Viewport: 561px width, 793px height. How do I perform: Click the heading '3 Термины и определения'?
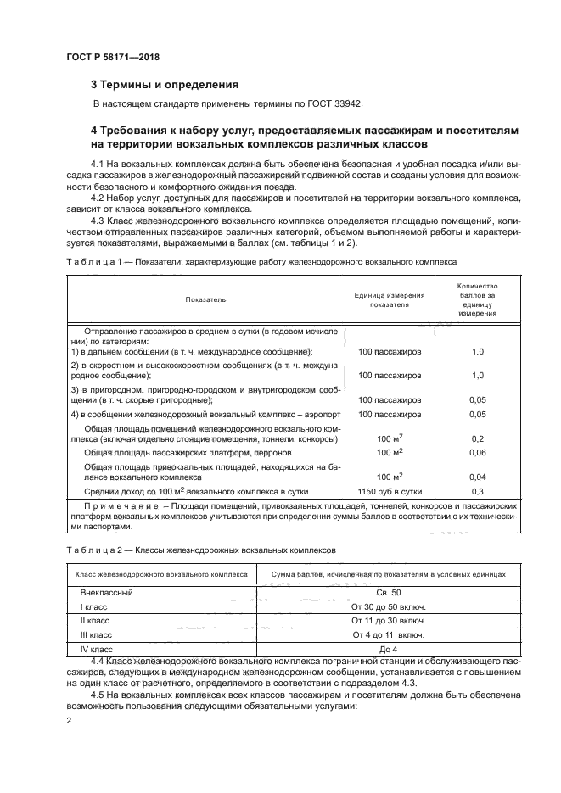165,85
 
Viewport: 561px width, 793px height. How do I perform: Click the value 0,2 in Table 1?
476,439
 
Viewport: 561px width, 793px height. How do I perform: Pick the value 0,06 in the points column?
476,454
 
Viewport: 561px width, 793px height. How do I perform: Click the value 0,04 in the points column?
476,477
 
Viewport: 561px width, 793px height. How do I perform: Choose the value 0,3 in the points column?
476,491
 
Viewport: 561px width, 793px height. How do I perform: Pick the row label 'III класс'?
96,634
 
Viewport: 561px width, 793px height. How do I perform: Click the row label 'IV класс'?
96,649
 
